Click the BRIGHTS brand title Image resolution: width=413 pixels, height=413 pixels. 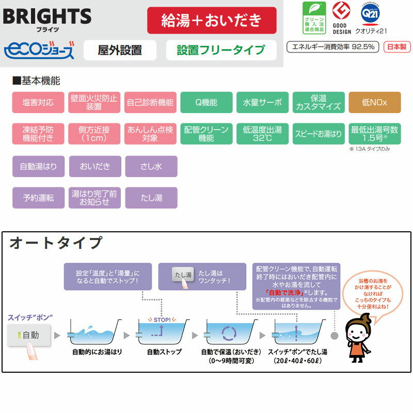[47, 16]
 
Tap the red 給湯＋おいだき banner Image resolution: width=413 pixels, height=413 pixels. [212, 21]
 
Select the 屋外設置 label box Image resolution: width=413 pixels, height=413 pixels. [120, 50]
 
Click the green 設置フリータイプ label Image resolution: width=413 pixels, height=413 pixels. [220, 50]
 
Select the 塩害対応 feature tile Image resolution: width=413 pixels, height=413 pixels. [38, 102]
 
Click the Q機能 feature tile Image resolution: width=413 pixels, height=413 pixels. [206, 102]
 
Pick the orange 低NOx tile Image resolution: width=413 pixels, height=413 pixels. [374, 102]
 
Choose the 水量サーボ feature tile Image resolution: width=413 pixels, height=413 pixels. [262, 102]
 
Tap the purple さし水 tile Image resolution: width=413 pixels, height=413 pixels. [151, 167]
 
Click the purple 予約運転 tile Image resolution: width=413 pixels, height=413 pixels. [38, 198]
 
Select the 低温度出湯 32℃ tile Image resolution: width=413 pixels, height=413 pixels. [262, 134]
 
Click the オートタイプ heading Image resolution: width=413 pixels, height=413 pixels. [56, 242]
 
